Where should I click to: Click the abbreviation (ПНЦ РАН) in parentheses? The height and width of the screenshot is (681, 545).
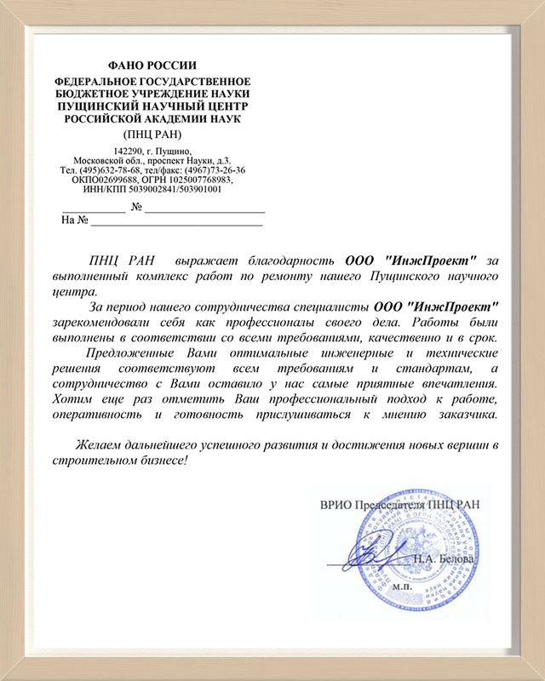tap(152, 134)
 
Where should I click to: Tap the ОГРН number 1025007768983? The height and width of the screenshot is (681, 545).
tap(198, 180)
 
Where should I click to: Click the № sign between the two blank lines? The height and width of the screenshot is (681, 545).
tap(135, 208)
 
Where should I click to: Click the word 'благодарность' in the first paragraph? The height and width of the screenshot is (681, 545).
tap(292, 260)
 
